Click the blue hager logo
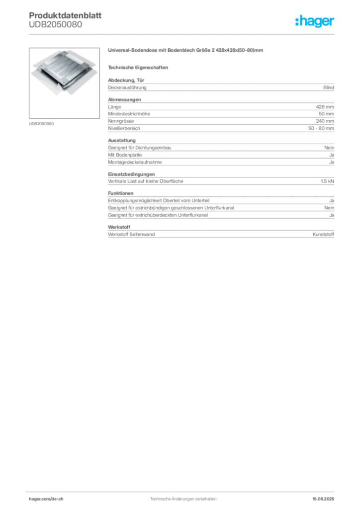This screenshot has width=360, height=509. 315,22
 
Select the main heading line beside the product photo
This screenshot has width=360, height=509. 187,51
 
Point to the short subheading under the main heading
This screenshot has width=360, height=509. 139,67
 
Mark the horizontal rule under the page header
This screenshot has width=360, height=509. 183,33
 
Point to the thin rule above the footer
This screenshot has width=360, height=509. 183,490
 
